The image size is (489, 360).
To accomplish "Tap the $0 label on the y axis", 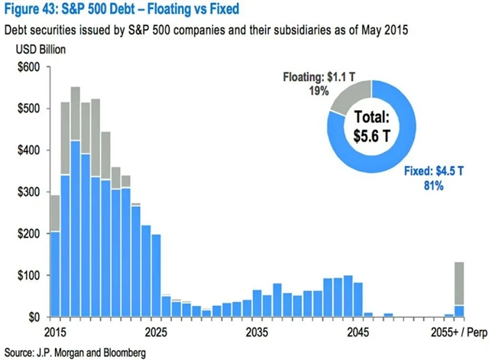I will (x=34, y=316).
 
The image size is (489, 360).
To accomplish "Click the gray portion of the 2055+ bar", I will (x=459, y=283).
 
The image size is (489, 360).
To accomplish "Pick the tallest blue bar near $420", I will (x=76, y=229).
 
